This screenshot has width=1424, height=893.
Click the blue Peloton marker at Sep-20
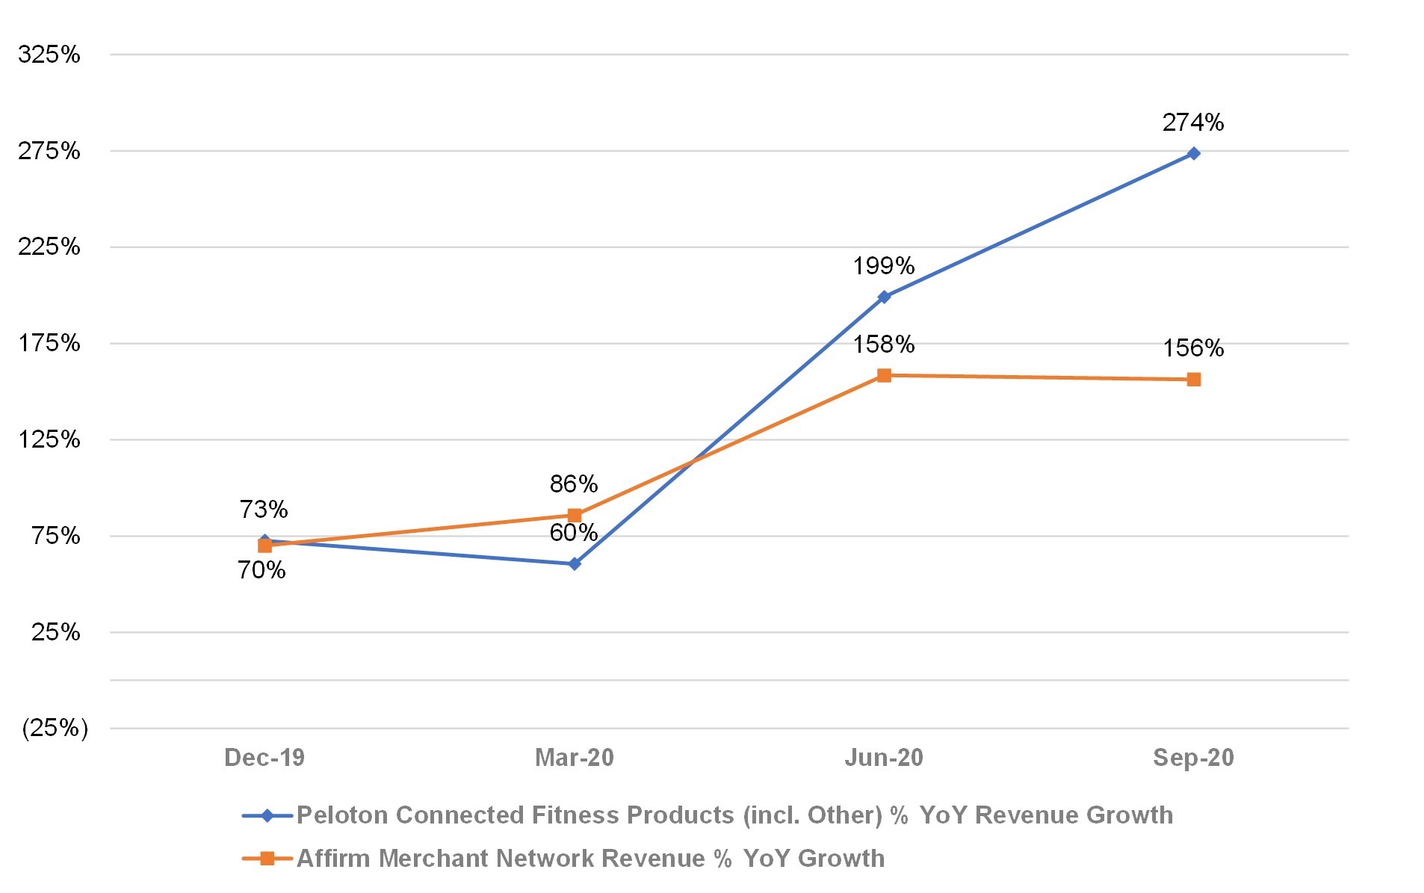[x=1193, y=153]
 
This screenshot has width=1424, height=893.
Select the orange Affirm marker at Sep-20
[x=1193, y=380]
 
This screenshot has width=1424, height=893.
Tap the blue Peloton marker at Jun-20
[x=884, y=297]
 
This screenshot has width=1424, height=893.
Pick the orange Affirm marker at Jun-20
[x=884, y=375]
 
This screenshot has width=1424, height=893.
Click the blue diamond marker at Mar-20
[x=575, y=563]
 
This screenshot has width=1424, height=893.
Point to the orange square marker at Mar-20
[x=575, y=515]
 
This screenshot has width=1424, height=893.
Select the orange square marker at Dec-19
[x=264, y=546]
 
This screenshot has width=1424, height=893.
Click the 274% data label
[x=1193, y=122]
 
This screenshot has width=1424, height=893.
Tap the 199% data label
[x=884, y=265]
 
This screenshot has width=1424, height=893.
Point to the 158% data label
[x=884, y=344]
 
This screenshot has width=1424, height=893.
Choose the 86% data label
[x=574, y=483]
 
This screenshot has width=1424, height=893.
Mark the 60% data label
[x=574, y=532]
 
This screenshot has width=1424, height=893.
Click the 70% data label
[x=261, y=569]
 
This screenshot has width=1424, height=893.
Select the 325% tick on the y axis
[x=49, y=54]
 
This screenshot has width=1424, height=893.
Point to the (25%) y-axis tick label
[x=55, y=727]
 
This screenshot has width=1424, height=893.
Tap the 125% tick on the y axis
[x=49, y=439]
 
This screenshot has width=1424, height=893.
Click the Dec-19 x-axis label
[x=264, y=757]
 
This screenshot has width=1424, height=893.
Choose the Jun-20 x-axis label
[x=884, y=757]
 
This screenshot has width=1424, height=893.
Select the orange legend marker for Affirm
[x=267, y=858]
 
